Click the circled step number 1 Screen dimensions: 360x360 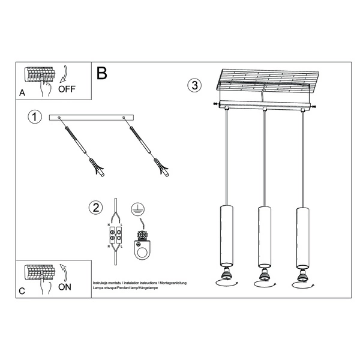click(35, 117)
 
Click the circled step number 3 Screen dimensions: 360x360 click(194, 85)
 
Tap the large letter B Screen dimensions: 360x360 click(101, 74)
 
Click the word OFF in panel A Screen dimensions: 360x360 click(67, 89)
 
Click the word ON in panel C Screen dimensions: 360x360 click(65, 287)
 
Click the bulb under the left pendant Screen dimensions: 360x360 click(226, 275)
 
